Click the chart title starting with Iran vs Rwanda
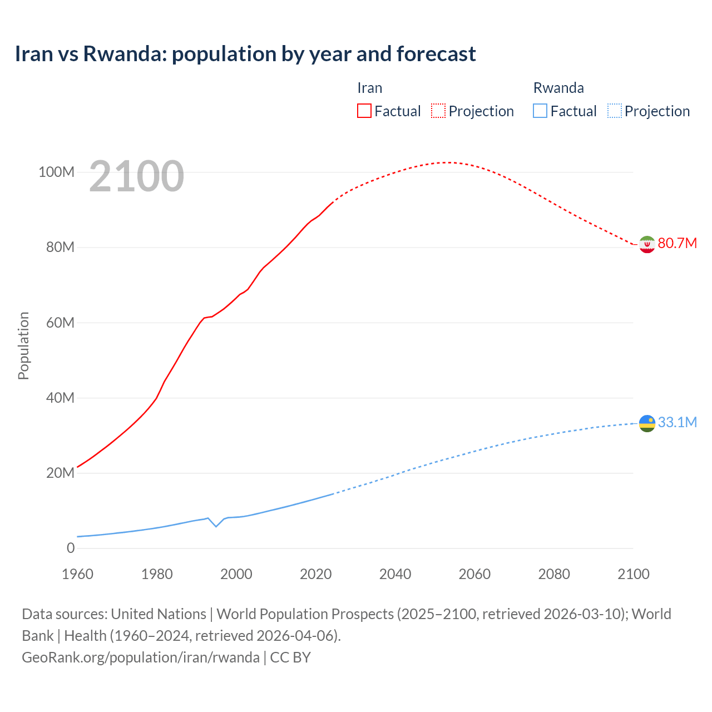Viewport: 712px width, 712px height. point(245,54)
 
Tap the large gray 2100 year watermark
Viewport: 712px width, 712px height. point(136,176)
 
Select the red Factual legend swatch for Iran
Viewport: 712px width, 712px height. point(364,111)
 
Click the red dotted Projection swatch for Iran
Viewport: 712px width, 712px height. point(438,111)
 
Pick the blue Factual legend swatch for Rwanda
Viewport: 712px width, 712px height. point(540,111)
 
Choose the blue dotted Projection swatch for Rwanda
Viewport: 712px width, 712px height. point(614,111)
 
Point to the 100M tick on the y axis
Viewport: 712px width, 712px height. point(56,172)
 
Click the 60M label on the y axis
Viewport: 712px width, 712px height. point(60,323)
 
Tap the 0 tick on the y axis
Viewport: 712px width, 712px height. point(71,548)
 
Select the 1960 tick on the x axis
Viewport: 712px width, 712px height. point(78,574)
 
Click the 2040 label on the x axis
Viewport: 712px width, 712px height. point(395,574)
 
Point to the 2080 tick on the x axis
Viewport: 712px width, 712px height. point(554,574)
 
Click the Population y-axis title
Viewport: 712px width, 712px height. point(23,345)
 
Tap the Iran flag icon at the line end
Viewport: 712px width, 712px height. point(647,244)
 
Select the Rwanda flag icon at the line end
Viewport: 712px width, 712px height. point(647,423)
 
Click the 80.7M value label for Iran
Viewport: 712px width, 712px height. point(677,243)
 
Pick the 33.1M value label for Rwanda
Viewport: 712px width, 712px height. point(677,422)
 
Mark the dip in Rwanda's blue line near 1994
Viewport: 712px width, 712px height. point(216,526)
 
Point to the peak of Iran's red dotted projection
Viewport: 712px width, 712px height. point(447,162)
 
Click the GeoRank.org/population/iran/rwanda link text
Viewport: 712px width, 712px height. point(141,657)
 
